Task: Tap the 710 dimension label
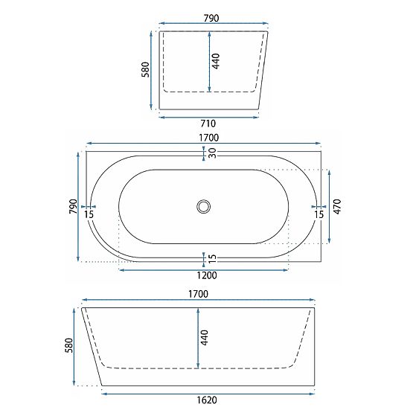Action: tap(208, 123)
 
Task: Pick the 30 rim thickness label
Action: tap(212, 153)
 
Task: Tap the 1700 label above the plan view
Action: tap(202, 136)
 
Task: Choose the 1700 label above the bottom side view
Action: tap(199, 295)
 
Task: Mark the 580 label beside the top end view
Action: tap(146, 69)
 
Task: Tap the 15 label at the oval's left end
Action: tap(90, 215)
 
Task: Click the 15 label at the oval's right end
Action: tap(319, 215)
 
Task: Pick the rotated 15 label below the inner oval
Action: tap(213, 258)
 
